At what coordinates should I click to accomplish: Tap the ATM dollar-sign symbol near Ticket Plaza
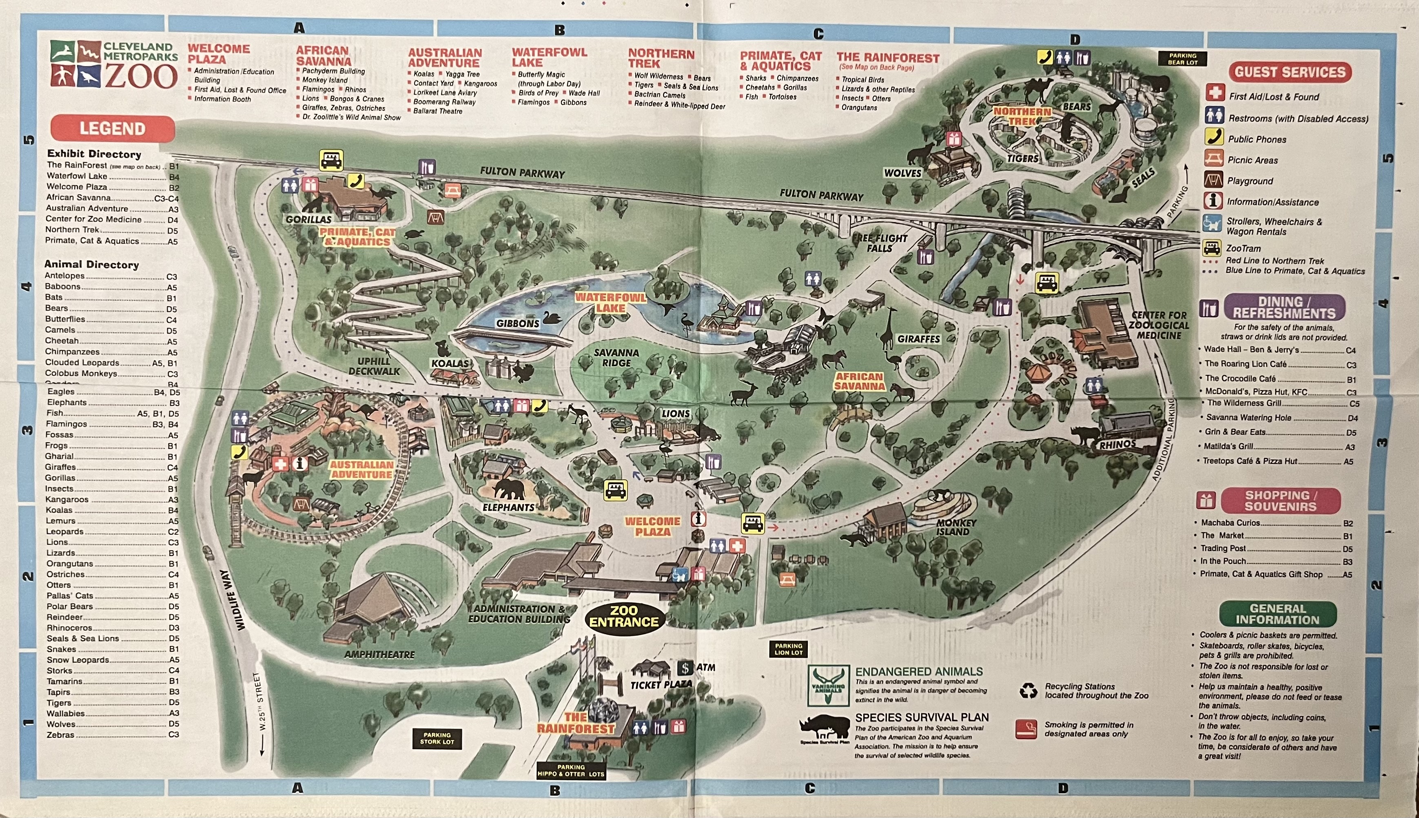point(685,668)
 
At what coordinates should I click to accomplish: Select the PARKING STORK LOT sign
point(437,738)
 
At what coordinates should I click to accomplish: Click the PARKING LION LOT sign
point(788,649)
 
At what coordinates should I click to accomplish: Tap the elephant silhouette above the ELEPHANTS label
point(509,489)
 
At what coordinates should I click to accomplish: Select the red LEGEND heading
point(113,129)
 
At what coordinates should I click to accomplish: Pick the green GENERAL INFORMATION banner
point(1277,614)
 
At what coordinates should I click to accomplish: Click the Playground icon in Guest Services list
point(1213,180)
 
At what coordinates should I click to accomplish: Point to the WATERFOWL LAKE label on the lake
point(610,302)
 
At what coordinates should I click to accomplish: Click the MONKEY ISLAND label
point(956,527)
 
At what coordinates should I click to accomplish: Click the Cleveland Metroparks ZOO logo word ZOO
point(140,77)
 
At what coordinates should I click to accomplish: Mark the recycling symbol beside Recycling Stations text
point(1028,690)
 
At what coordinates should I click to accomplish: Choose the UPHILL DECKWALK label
point(374,366)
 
